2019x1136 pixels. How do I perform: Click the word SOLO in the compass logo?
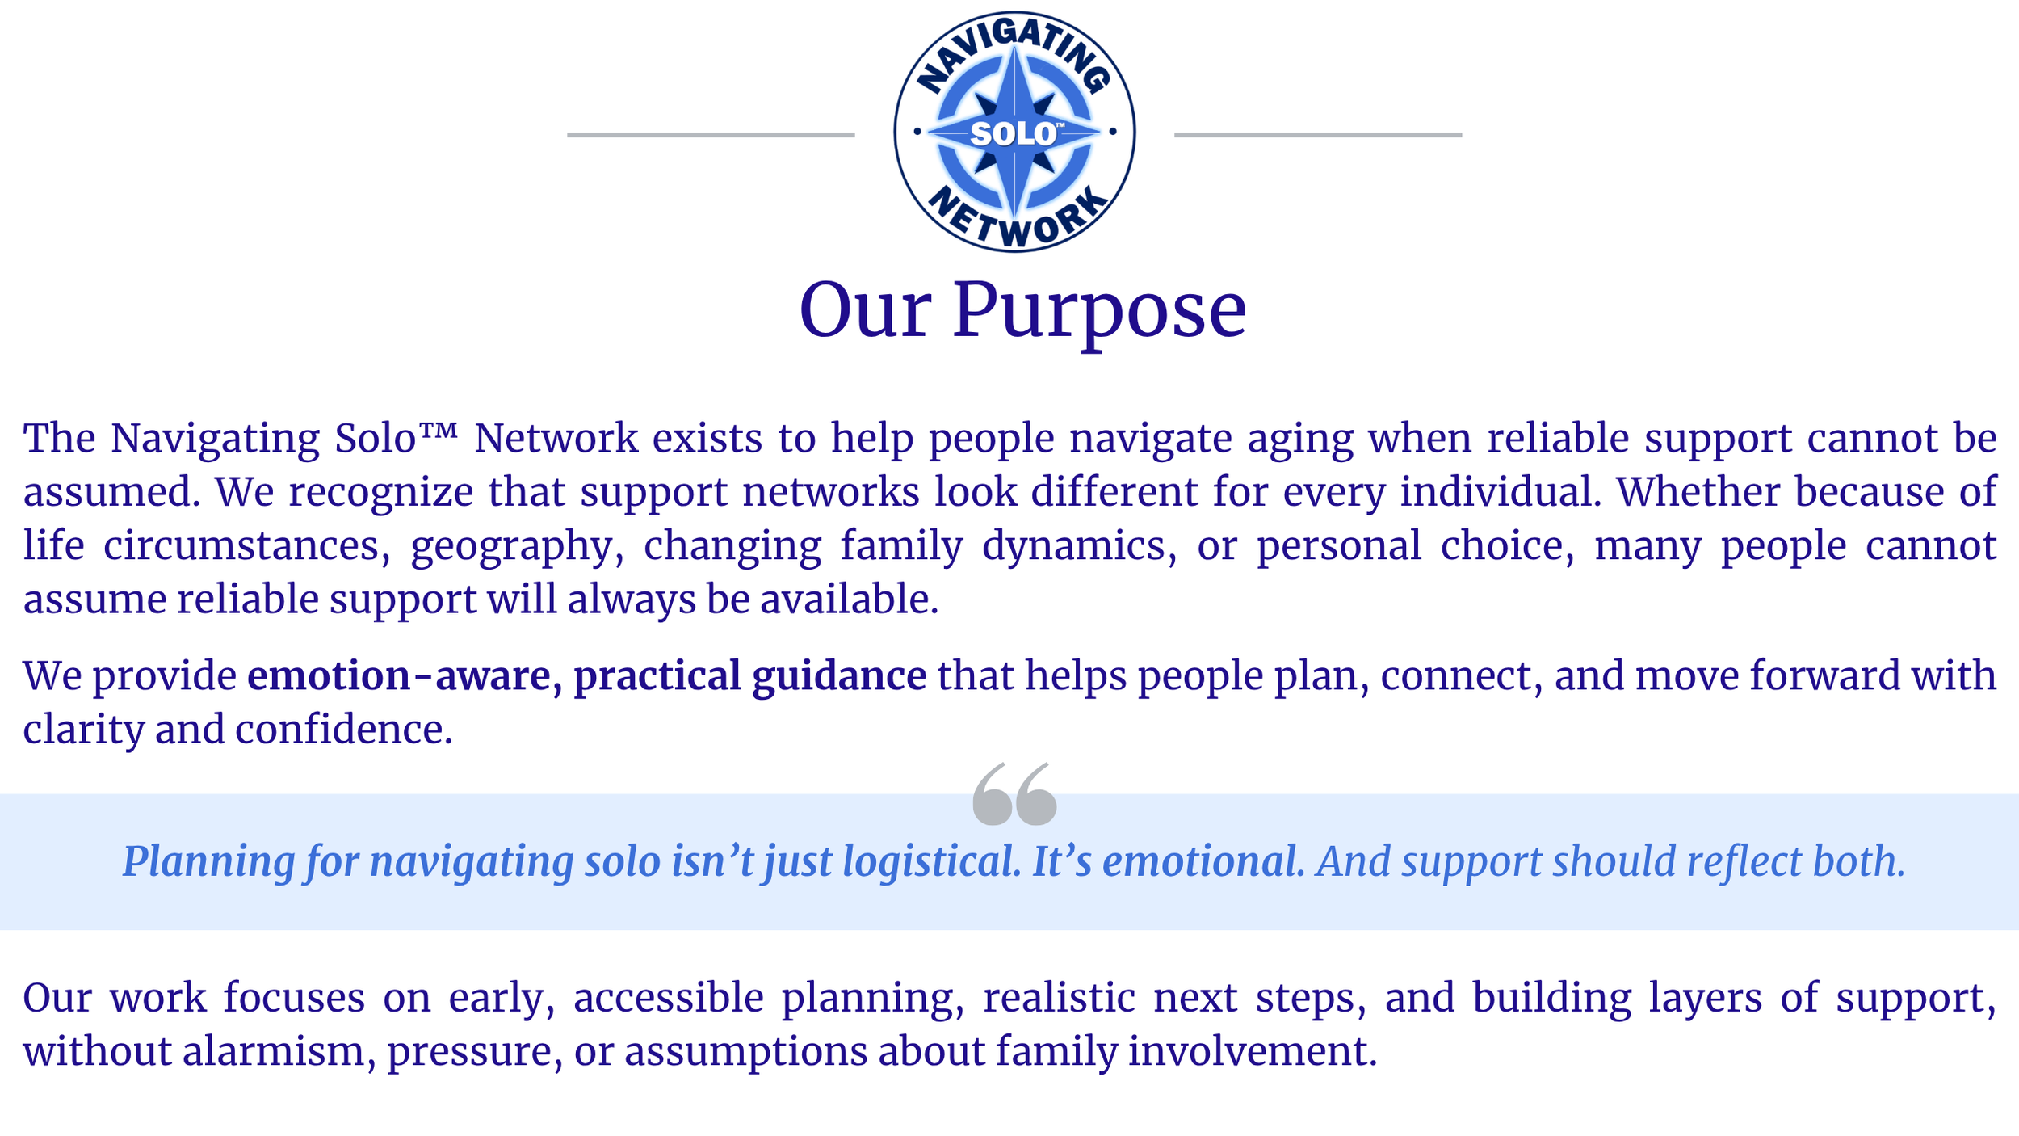[1012, 134]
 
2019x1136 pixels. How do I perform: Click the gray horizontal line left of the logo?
[711, 135]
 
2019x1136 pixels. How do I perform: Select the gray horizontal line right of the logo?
[1318, 135]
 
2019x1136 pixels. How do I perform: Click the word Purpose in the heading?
[1099, 312]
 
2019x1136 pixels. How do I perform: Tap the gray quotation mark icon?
[1014, 793]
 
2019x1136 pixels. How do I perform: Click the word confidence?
[344, 730]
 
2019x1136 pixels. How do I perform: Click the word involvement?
[1253, 1052]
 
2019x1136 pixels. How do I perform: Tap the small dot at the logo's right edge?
[1113, 132]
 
